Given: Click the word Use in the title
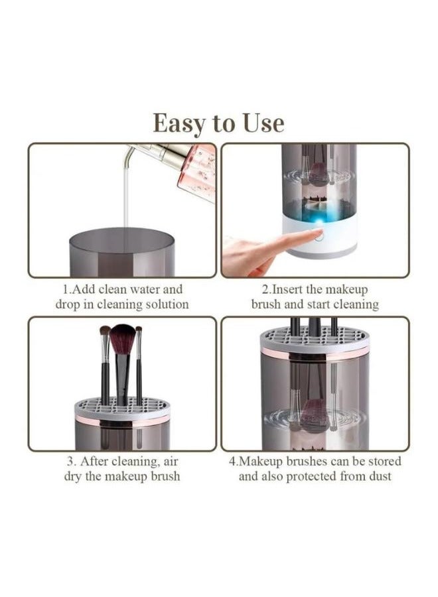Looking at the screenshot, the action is pos(263,123).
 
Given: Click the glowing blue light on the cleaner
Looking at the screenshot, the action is pos(318,220).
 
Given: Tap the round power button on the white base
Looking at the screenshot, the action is pos(319,236).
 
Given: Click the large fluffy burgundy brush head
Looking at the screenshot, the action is pos(122,339).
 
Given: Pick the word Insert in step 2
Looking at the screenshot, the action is pos(287,289).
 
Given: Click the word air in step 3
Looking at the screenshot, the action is pos(170,462).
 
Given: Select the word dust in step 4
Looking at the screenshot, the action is pos(380,476).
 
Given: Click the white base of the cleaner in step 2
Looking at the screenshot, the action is pos(319,237).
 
